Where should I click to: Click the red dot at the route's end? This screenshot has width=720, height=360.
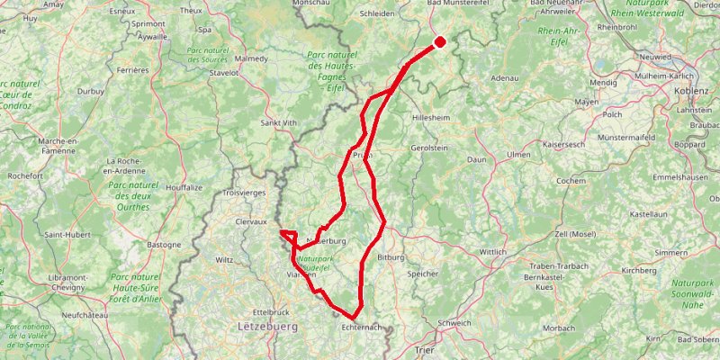pyautogui.click(x=440, y=41)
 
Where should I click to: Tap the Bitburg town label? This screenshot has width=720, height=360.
pyautogui.click(x=393, y=257)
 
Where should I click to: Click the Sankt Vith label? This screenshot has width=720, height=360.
pyautogui.click(x=278, y=122)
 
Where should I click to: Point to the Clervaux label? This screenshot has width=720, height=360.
pyautogui.click(x=251, y=220)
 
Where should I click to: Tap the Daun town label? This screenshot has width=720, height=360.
pyautogui.click(x=477, y=159)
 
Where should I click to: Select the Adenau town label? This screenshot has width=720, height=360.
pyautogui.click(x=506, y=78)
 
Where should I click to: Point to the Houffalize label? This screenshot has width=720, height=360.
pyautogui.click(x=185, y=187)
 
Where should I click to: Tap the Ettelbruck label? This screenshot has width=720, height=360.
pyautogui.click(x=256, y=310)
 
